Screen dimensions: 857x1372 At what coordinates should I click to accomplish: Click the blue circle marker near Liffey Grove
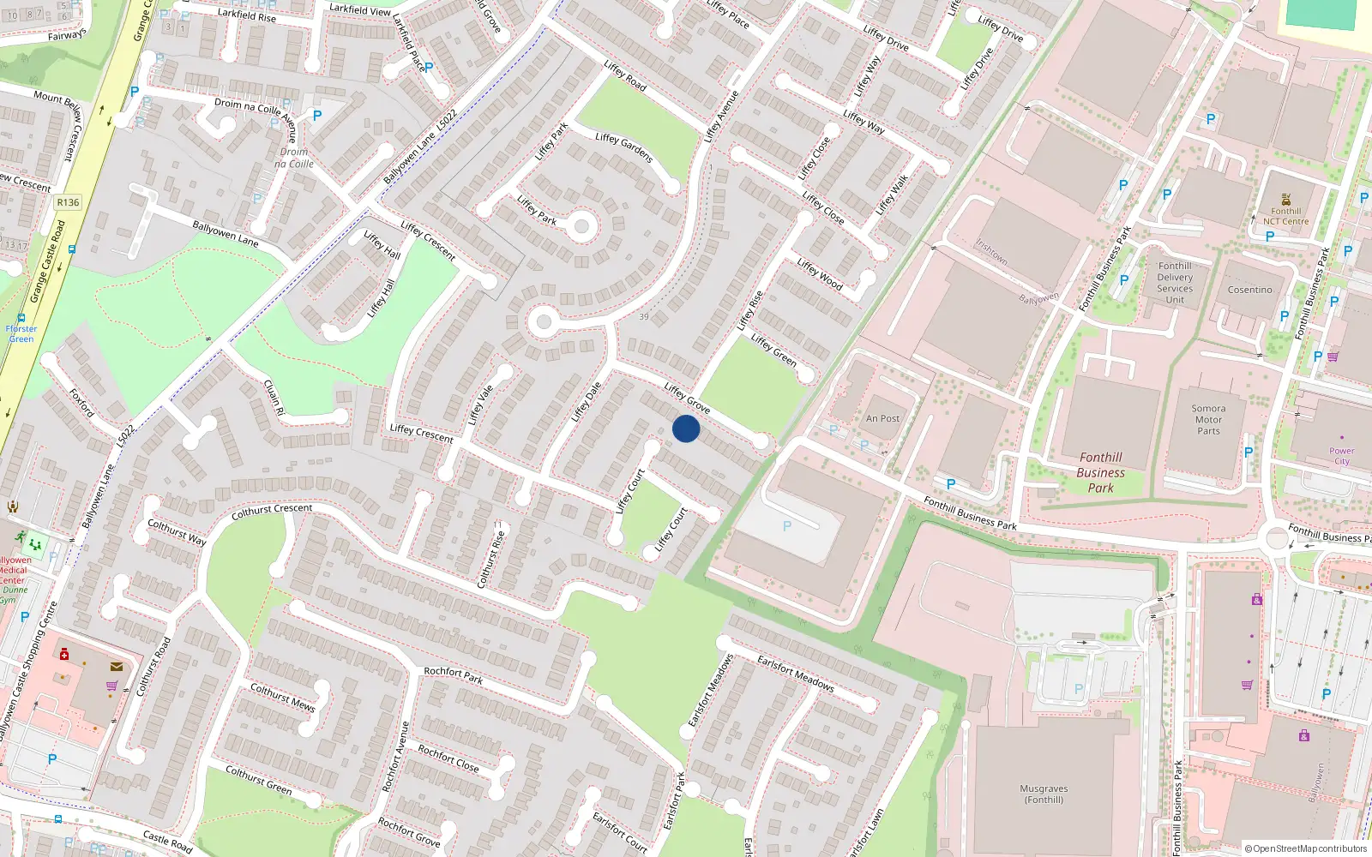(x=686, y=428)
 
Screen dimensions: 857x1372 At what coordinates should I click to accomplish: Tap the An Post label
(x=882, y=419)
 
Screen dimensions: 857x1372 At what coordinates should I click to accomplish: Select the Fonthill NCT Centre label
(x=1285, y=216)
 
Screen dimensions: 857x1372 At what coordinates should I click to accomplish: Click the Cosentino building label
(x=1249, y=290)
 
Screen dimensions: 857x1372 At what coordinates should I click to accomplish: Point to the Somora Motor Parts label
(x=1208, y=420)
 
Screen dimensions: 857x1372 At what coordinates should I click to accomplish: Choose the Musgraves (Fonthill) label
(x=1044, y=794)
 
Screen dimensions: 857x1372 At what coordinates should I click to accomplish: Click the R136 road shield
(x=68, y=202)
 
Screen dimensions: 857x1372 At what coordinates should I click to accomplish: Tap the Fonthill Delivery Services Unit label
(x=1175, y=283)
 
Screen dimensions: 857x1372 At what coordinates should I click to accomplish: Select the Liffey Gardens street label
(x=624, y=147)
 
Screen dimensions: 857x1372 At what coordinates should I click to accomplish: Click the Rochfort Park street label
(x=453, y=675)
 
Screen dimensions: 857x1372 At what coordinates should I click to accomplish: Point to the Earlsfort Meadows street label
(x=795, y=673)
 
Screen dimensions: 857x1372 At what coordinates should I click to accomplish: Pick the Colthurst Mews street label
(x=282, y=697)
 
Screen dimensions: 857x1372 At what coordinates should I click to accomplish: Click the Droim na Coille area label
(x=294, y=158)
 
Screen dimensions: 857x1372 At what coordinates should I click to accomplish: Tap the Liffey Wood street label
(x=820, y=273)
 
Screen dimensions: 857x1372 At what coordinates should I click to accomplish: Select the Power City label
(x=1342, y=456)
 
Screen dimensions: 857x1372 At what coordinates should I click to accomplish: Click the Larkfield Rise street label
(x=247, y=15)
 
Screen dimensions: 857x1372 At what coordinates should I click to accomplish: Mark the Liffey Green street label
(x=773, y=351)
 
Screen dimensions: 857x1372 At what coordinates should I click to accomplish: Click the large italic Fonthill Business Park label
(x=1101, y=472)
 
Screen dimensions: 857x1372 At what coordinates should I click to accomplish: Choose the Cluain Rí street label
(x=274, y=398)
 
